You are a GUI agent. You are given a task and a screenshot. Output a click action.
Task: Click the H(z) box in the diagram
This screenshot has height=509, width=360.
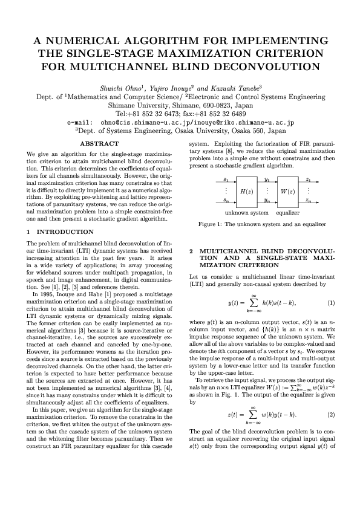pos(246,191)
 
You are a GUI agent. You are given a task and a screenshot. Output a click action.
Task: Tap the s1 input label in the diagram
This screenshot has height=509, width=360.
pos(226,180)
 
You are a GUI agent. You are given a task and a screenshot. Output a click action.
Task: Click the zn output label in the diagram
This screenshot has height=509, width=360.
pos(309,200)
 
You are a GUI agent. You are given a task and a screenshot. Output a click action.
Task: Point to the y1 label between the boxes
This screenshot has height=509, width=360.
pos(267,180)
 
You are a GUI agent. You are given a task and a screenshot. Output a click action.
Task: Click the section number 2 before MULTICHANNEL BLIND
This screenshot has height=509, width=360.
pos(192,250)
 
